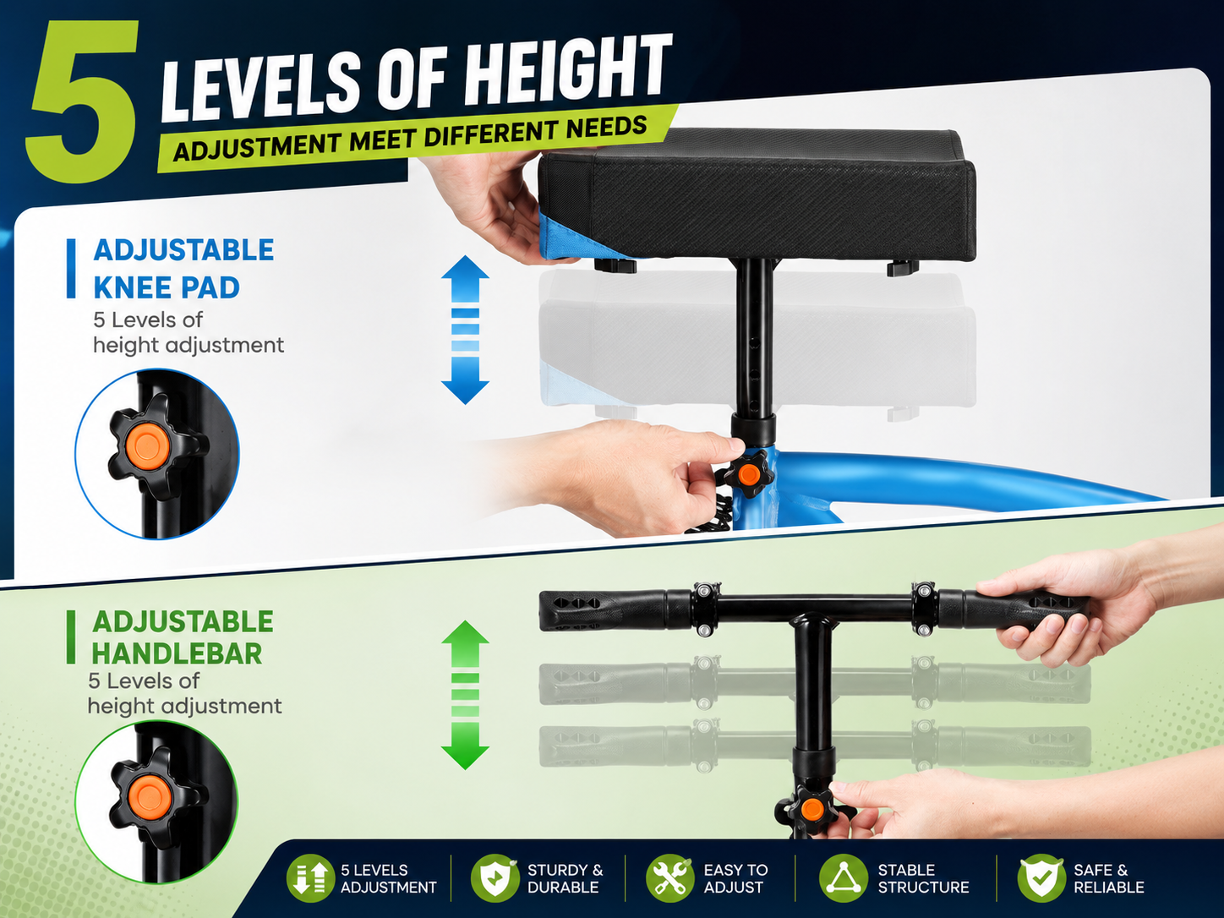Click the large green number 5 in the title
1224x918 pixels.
tap(84, 103)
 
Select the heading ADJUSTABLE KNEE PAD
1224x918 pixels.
tap(183, 269)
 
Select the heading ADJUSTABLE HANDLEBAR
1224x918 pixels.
tap(183, 637)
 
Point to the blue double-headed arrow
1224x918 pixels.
tap(465, 330)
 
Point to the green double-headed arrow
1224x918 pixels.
tap(465, 695)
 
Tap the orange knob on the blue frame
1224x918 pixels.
tap(748, 475)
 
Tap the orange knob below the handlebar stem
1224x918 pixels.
tap(811, 808)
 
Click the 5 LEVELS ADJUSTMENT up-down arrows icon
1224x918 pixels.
tap(310, 878)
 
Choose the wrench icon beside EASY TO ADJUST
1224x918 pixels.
tap(670, 878)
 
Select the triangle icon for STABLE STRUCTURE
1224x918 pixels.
tap(843, 878)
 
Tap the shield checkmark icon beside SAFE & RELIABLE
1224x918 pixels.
tap(1041, 878)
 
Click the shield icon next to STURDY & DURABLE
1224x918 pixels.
tap(495, 878)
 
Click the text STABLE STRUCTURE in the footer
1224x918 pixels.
tap(923, 878)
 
